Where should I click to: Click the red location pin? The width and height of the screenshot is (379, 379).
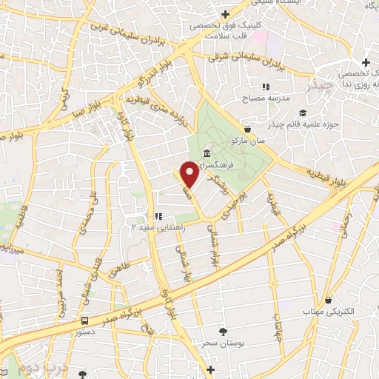coord(189,173)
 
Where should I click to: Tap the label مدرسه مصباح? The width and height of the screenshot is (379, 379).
coord(264,98)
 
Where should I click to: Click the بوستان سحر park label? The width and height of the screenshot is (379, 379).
coord(215,344)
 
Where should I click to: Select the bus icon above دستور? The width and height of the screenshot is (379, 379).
coord(86,321)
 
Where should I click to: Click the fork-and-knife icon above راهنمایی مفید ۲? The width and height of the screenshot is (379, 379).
coord(158,215)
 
